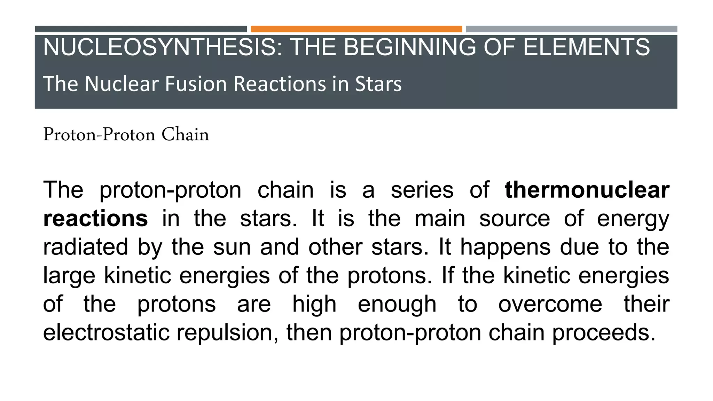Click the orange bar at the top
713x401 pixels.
(356, 29)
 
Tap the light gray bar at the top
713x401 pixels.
(571, 29)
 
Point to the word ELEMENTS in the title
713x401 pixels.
(586, 47)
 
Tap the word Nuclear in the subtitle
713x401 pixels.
(122, 84)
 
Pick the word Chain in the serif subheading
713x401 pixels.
(185, 135)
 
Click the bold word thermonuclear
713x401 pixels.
(587, 190)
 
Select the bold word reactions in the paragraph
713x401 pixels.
(95, 219)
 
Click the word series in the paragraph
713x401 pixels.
(422, 190)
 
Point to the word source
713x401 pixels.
(514, 219)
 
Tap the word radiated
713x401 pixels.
(86, 247)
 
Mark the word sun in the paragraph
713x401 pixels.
(232, 247)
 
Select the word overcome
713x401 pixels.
(550, 304)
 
